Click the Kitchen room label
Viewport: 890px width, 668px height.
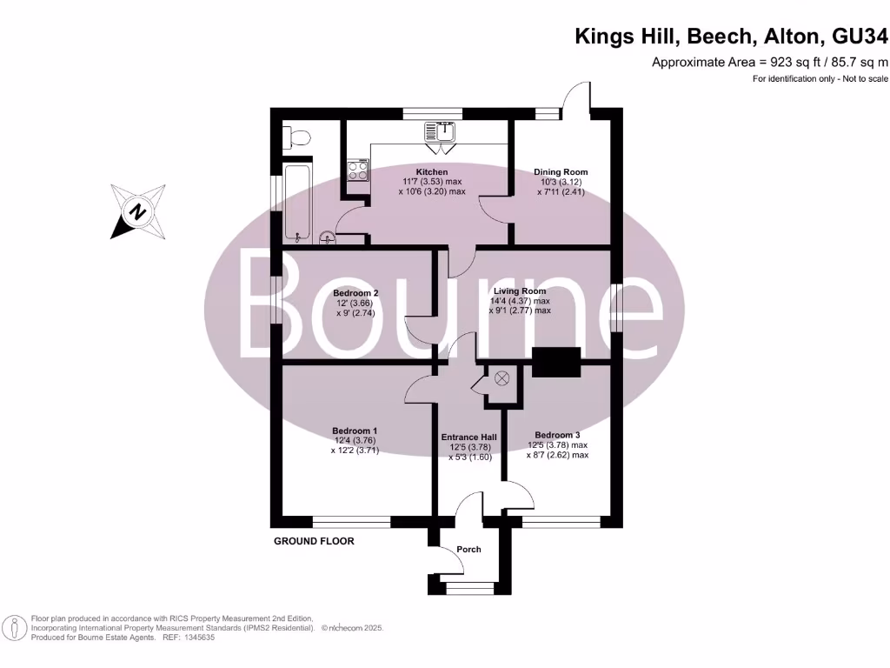point(432,171)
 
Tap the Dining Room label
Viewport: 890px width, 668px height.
point(561,171)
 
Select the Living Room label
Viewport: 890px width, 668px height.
point(520,291)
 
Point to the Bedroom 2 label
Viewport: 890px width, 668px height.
point(355,293)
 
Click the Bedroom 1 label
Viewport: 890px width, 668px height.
point(355,431)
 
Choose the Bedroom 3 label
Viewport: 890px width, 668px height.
point(557,435)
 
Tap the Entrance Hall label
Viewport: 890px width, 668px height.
point(468,437)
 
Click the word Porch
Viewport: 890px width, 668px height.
point(468,550)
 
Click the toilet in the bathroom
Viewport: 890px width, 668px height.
point(297,137)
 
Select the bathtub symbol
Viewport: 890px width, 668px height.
point(296,203)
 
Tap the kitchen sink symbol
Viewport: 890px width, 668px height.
point(440,132)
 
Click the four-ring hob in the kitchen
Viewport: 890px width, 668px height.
point(357,170)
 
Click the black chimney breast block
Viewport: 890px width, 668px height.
point(556,362)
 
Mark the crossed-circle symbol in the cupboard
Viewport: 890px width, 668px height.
point(501,378)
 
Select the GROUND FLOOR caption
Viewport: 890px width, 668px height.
point(314,541)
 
